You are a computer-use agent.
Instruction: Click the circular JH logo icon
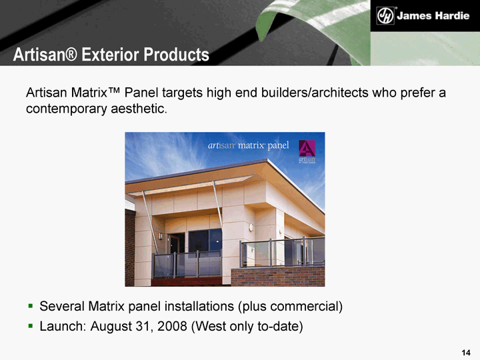tap(385, 15)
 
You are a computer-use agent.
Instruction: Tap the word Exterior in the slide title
tap(110, 55)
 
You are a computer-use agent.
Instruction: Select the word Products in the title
tap(176, 55)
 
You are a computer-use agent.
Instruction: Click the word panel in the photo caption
tap(278, 145)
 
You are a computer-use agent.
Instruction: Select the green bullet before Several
tap(30, 305)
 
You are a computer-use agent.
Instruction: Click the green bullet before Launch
tap(30, 326)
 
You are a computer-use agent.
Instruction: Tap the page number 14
tap(465, 353)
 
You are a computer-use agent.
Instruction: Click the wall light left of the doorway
tap(160, 236)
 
